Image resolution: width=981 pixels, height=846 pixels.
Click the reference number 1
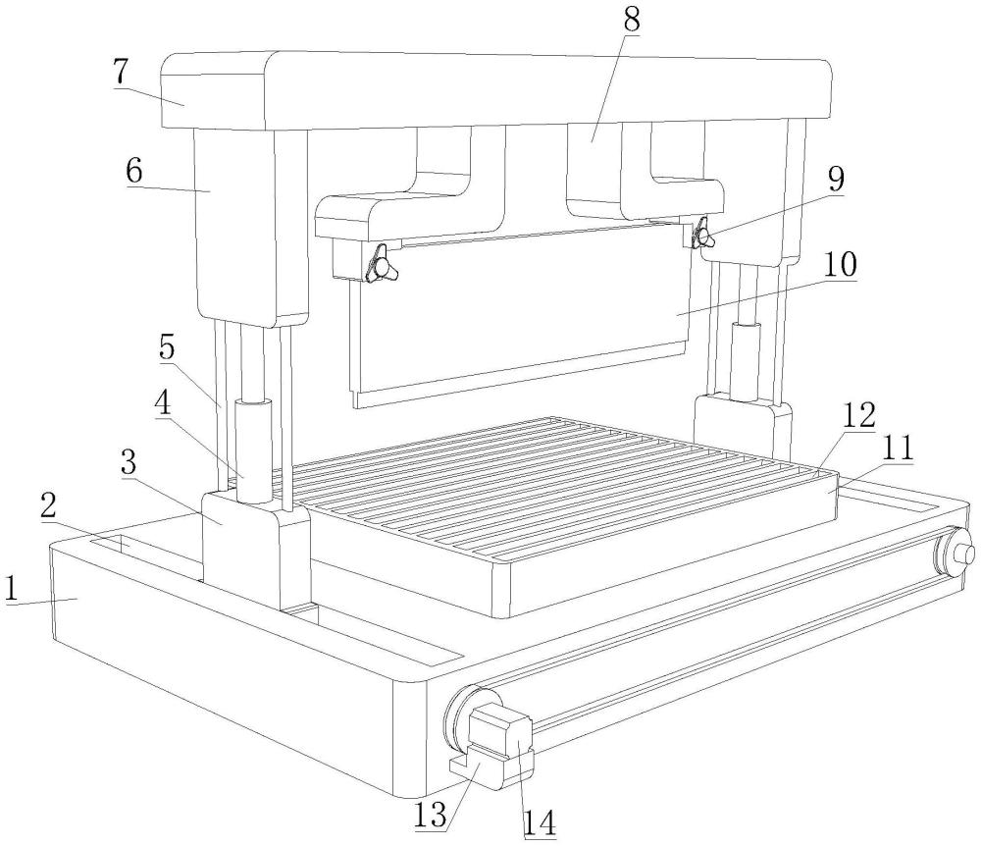(14, 589)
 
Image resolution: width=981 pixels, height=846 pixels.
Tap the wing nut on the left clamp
(377, 265)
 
